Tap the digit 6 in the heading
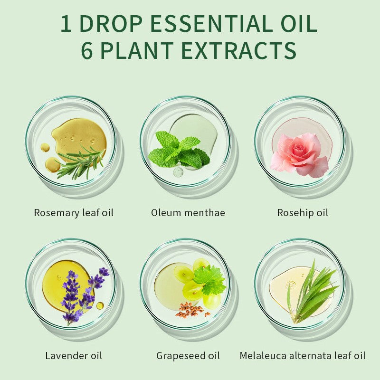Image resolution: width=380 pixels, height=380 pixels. pyautogui.click(x=87, y=51)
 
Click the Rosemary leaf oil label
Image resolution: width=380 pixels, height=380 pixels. pyautogui.click(x=74, y=212)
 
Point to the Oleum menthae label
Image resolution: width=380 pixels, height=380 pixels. pyautogui.click(x=188, y=212)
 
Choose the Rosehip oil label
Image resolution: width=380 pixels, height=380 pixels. pyautogui.click(x=303, y=212)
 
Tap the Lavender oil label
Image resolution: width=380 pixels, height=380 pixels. pyautogui.click(x=74, y=355)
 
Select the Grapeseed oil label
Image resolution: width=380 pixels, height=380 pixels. pyautogui.click(x=188, y=355)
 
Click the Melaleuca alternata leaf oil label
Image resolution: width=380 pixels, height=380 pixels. pyautogui.click(x=303, y=355)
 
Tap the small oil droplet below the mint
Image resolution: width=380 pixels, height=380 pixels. pyautogui.click(x=178, y=172)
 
